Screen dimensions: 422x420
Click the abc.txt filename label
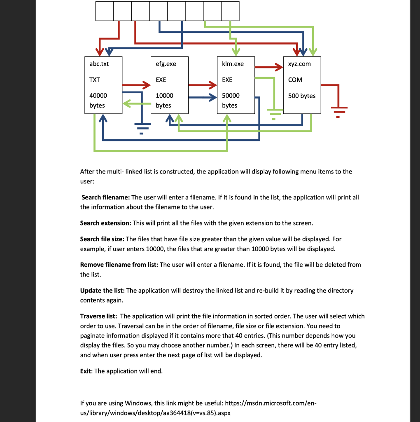click(99, 64)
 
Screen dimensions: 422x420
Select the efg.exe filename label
click(166, 64)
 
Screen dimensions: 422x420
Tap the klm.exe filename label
click(233, 64)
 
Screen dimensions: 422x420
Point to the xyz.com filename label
click(299, 64)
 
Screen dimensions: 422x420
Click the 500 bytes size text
click(302, 96)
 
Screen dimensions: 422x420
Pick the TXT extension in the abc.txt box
click(94, 80)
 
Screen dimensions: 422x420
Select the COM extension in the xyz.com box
click(295, 80)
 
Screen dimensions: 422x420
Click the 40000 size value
click(98, 95)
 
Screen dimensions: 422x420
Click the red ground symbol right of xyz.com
click(338, 111)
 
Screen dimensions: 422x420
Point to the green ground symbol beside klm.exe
click(274, 113)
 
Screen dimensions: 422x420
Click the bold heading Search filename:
click(105, 197)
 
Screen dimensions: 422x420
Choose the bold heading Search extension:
click(105, 223)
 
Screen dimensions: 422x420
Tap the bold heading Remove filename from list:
click(119, 265)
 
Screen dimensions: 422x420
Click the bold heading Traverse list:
click(99, 316)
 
